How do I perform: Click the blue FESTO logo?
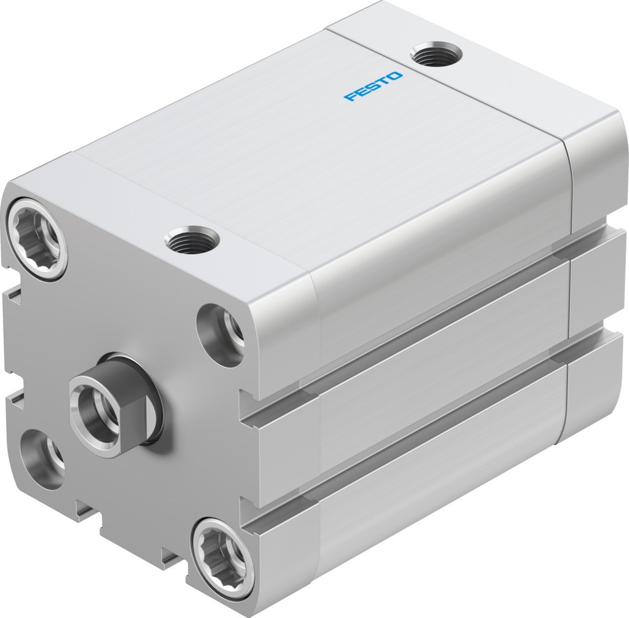pyautogui.click(x=373, y=86)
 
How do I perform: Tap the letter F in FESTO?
pyautogui.click(x=350, y=97)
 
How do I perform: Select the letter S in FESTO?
pyautogui.click(x=373, y=86)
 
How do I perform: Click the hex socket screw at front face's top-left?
pyautogui.click(x=37, y=237)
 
